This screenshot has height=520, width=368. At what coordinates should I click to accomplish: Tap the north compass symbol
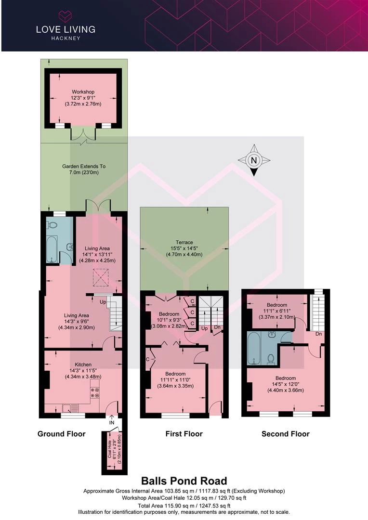254,160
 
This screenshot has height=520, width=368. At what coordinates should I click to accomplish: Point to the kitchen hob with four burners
95,393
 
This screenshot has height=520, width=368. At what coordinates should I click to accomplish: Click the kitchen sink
68,408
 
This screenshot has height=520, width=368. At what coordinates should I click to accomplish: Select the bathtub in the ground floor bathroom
52,249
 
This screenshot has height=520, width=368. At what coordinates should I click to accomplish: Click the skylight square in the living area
101,277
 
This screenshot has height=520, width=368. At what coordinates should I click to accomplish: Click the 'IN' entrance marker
112,423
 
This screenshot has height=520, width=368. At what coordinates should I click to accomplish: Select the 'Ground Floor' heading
61,434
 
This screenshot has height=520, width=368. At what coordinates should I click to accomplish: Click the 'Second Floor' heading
285,434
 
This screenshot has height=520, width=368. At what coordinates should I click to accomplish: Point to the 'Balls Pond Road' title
184,481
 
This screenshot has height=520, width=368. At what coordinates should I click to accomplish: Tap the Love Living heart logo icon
66,16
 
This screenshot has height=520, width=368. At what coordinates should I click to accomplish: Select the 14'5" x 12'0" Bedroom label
285,384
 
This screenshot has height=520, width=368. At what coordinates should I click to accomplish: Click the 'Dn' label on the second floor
318,334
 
